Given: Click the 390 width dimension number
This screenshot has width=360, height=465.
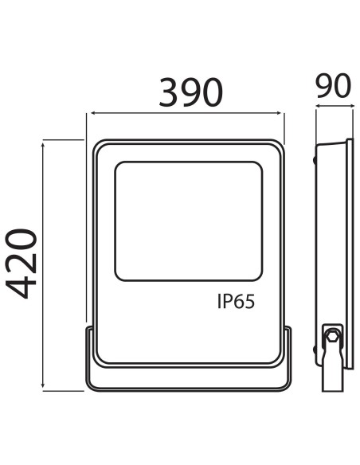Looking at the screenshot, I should point(190,93).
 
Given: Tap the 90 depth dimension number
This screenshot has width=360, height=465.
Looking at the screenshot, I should point(333,86).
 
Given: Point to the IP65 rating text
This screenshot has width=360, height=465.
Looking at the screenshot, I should point(236,303).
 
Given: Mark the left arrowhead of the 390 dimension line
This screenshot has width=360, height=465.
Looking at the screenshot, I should point(89,114).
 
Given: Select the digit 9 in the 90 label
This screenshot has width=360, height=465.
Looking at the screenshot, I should point(323,86).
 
